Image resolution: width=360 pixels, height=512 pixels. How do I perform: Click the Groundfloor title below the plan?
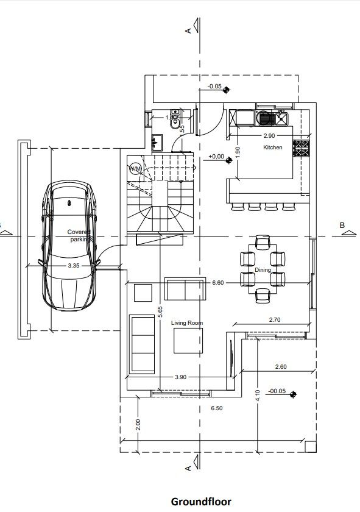201,502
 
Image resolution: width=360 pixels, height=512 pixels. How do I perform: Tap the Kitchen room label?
273,148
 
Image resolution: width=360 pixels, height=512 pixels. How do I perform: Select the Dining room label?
263,269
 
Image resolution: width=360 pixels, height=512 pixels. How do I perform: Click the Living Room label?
186,324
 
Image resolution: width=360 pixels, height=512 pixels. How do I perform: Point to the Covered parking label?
79,236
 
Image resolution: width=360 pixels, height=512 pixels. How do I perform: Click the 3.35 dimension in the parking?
74,266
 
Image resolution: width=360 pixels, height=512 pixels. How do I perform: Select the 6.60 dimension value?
219,283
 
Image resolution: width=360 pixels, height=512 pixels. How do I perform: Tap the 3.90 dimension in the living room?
180,377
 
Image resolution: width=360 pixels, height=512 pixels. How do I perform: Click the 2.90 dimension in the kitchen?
269,135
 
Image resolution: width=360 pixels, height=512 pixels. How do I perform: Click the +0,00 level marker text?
216,157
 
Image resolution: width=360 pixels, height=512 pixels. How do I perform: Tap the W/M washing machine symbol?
135,168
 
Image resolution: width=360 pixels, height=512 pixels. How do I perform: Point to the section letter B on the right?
342,226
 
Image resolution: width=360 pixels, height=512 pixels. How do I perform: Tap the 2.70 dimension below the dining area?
275,319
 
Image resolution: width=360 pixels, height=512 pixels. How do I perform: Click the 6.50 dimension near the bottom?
216,407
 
